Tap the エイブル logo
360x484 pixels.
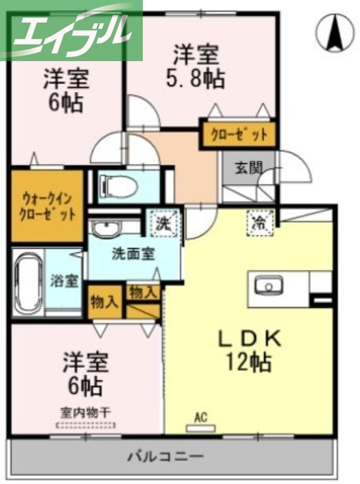click(x=71, y=30)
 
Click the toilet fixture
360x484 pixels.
click(x=118, y=185)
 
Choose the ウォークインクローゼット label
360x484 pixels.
click(x=47, y=206)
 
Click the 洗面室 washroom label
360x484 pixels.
click(x=133, y=253)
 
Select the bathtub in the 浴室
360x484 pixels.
click(x=28, y=283)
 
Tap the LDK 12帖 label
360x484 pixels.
click(x=249, y=350)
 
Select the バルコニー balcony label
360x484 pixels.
click(x=165, y=456)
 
